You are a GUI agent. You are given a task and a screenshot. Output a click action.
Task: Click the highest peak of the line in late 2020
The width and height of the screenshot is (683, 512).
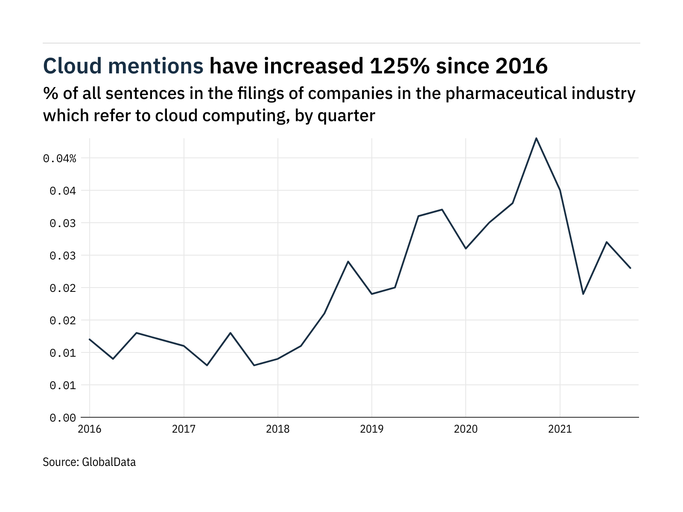click(536, 138)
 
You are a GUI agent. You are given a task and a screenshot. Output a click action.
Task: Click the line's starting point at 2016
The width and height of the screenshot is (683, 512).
click(90, 339)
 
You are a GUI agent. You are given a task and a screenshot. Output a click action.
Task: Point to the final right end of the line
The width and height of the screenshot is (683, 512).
click(630, 268)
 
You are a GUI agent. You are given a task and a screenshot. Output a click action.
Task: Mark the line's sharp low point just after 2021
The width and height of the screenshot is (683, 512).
click(583, 294)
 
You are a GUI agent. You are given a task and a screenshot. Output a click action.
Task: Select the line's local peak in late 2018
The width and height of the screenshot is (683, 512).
click(348, 262)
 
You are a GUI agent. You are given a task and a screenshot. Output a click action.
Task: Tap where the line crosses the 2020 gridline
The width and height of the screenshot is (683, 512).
click(466, 248)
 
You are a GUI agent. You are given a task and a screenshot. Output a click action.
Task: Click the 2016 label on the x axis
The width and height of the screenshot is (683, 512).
click(90, 429)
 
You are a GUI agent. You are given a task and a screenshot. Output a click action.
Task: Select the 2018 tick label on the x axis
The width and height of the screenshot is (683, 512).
click(278, 429)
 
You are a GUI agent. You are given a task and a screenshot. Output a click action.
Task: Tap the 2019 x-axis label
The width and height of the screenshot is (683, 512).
click(372, 429)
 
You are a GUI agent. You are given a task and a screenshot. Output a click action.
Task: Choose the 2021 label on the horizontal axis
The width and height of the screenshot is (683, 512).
click(560, 429)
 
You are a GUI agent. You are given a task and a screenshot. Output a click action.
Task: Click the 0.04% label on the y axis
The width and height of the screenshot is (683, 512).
click(59, 159)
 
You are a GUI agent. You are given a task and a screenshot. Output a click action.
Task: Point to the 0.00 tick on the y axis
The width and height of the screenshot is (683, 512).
click(63, 418)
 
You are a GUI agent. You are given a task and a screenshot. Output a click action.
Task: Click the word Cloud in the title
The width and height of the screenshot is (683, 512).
click(72, 66)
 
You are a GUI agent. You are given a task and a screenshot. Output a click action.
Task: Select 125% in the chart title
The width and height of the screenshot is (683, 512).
click(399, 66)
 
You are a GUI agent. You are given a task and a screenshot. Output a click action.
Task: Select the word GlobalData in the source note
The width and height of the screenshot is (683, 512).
click(109, 462)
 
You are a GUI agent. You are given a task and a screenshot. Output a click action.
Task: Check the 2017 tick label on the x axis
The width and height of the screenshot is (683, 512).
click(184, 429)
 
